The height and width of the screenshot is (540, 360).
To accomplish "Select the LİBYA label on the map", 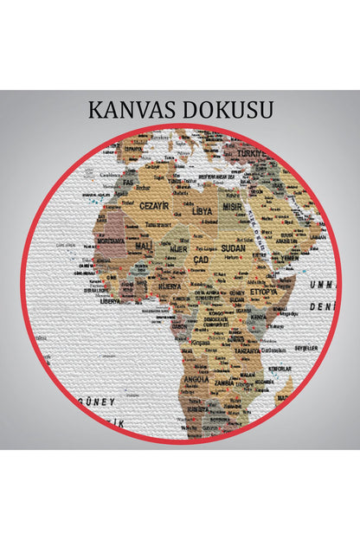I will click(x=201, y=210).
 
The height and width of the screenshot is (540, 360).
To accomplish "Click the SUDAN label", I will click(x=234, y=247).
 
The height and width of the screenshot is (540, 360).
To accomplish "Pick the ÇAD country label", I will click(x=200, y=259).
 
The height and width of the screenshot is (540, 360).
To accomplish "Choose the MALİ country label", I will click(x=143, y=246).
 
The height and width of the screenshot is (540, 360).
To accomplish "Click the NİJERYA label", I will click(x=170, y=285).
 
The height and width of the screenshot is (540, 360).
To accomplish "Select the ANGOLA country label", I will click(x=196, y=379).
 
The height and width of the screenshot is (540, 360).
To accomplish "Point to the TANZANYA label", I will click(x=247, y=350).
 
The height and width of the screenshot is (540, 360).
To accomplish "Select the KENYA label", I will click(x=260, y=318).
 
